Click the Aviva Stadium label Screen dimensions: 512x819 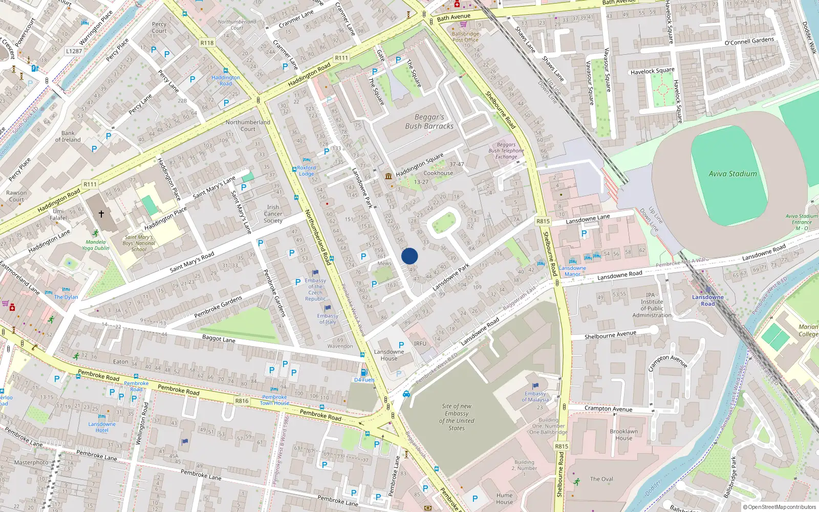click(x=732, y=174)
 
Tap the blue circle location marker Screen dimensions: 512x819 click(x=409, y=256)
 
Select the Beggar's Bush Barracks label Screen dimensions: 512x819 click(x=429, y=121)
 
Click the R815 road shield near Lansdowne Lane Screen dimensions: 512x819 click(x=543, y=221)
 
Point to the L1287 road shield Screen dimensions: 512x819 click(x=74, y=51)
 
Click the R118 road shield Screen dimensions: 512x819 click(x=207, y=43)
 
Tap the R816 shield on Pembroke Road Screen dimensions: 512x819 click(x=242, y=401)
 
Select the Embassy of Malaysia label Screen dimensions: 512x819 click(x=535, y=396)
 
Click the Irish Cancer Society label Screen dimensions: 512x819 click(x=273, y=214)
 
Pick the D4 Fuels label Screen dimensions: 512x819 click(x=364, y=380)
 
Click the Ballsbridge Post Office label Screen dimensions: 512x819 click(x=465, y=37)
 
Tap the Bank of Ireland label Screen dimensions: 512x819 click(x=68, y=136)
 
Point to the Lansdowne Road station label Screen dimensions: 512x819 click(x=708, y=300)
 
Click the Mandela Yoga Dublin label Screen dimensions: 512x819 click(x=96, y=245)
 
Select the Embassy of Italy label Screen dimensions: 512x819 click(x=328, y=318)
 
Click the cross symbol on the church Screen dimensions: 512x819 click(x=101, y=214)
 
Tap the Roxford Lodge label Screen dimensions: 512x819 click(x=307, y=170)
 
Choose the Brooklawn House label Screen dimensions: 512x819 click(x=623, y=435)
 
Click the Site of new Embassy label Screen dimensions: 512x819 click(x=457, y=417)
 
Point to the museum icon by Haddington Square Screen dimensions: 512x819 click(x=389, y=177)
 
